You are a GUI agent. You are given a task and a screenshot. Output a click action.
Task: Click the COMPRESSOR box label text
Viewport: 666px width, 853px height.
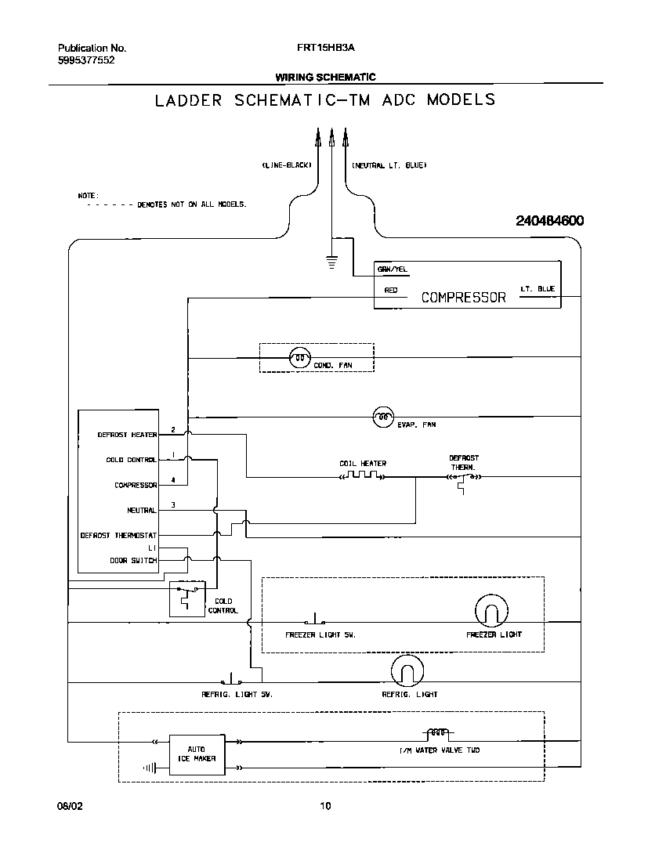(x=464, y=298)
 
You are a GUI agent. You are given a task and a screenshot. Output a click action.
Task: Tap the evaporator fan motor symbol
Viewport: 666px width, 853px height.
(x=382, y=416)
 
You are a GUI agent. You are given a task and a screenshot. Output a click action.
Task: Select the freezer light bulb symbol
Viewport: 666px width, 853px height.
(x=491, y=611)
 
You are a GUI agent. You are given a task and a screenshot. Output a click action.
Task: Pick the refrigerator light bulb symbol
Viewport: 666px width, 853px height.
(x=407, y=671)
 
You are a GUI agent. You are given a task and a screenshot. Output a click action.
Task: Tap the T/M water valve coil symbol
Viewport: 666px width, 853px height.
(x=438, y=735)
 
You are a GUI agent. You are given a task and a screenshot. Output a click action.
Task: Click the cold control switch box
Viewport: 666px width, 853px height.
(x=186, y=598)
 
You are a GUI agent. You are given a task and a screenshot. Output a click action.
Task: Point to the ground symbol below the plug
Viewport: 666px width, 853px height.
(x=331, y=262)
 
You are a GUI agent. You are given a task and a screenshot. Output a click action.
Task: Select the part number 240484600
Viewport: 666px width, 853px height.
(x=549, y=222)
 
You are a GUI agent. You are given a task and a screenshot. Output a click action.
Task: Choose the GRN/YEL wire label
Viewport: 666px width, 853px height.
(x=393, y=269)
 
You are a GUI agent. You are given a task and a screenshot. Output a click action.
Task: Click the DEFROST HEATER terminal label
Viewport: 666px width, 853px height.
(x=127, y=435)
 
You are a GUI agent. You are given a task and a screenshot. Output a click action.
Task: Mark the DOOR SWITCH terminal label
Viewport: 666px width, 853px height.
(x=133, y=561)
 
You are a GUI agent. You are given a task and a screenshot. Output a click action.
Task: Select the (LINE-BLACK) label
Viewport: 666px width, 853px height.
(x=287, y=166)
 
